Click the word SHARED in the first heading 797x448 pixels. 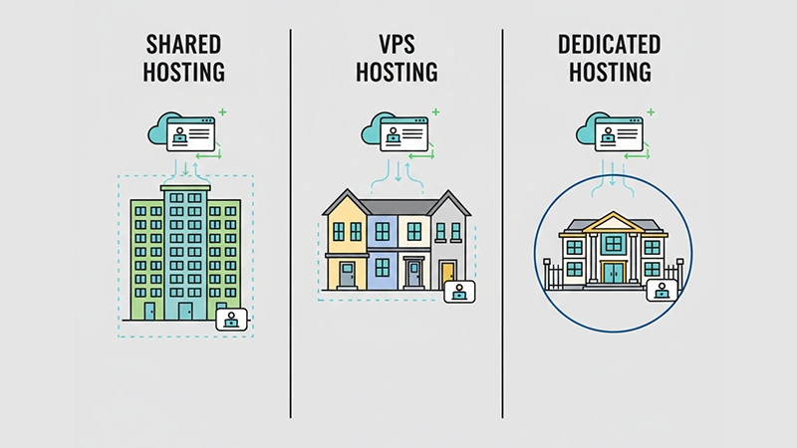[x=185, y=44]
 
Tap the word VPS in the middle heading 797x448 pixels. [x=397, y=44]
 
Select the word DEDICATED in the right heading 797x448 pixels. [x=608, y=44]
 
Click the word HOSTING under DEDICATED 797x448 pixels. [x=608, y=72]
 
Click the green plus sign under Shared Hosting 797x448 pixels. [x=222, y=112]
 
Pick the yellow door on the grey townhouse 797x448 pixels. [x=448, y=273]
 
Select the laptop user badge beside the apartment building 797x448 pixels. [x=232, y=320]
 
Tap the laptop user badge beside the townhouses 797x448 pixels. [x=459, y=293]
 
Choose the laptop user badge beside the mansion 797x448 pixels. [x=662, y=290]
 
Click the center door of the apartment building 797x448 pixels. [x=184, y=310]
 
